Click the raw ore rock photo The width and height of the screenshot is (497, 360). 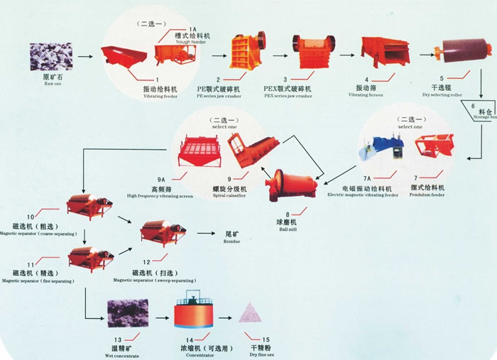tap(50, 56)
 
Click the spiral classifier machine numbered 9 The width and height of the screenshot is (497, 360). tap(252, 148)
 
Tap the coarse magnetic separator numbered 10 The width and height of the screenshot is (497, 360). tap(88, 206)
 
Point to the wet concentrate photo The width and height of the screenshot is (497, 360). tap(126, 313)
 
